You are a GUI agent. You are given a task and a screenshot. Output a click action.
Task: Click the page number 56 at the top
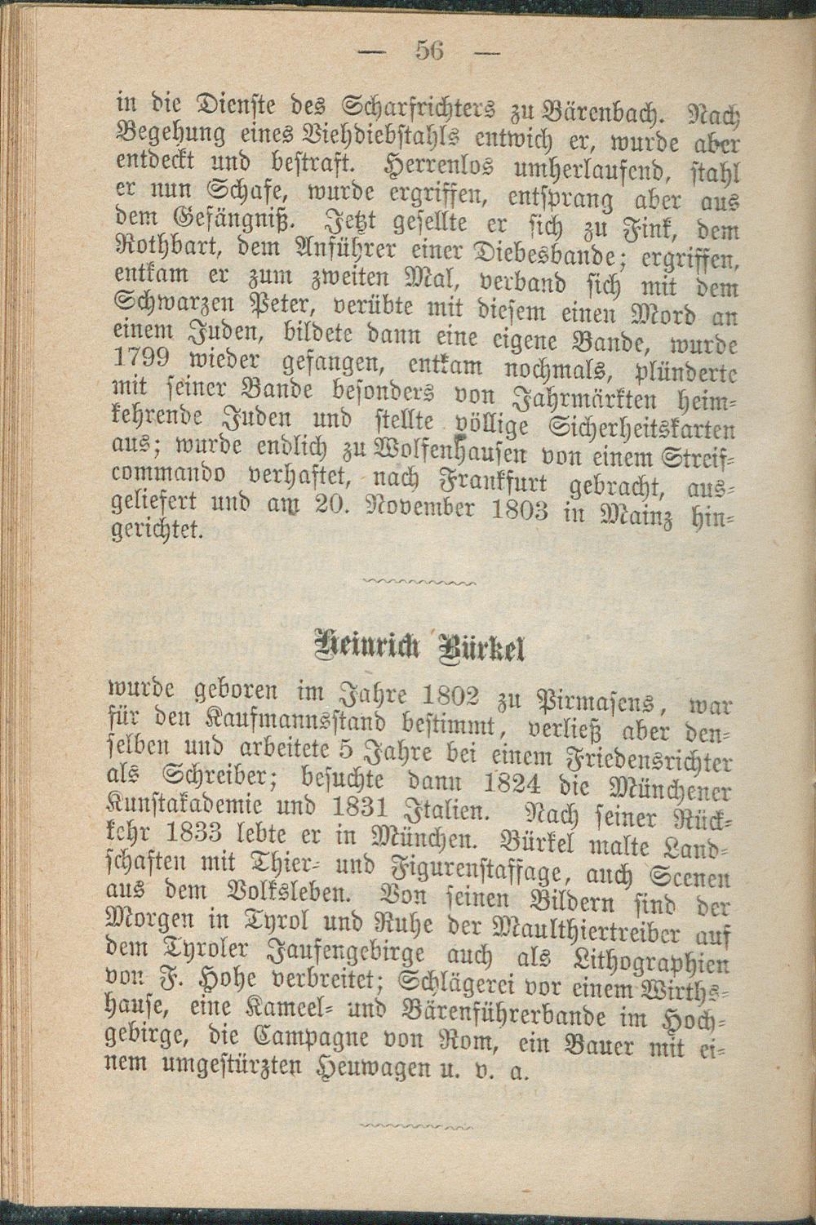428,50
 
